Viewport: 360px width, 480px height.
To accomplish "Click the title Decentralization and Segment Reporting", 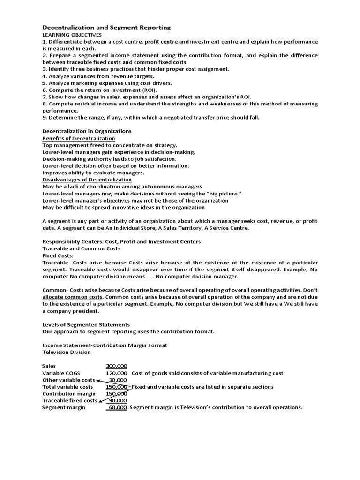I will [106, 28].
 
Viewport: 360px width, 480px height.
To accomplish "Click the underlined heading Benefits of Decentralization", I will [79, 138].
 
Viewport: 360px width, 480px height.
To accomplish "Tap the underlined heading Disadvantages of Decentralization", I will [87, 180].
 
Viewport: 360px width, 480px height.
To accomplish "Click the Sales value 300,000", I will [117, 366].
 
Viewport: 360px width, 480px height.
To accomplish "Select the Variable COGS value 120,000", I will [117, 373].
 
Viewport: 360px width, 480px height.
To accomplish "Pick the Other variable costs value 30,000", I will [118, 380].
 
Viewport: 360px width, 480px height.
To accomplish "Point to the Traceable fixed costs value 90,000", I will [118, 401].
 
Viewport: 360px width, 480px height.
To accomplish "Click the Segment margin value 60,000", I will [118, 408].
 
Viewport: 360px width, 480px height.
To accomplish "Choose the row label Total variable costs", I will [67, 387].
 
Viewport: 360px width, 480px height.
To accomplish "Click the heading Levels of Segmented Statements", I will [86, 324].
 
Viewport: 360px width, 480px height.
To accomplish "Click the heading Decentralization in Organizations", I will [87, 131].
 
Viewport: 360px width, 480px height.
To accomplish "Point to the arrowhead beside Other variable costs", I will [99, 380].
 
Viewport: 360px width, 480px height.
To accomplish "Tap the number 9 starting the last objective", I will [44, 118].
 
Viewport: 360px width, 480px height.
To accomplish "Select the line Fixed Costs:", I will [58, 255].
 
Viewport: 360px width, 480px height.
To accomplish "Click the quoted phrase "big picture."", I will [223, 194].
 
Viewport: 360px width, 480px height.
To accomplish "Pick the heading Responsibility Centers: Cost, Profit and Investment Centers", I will [121, 241].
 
